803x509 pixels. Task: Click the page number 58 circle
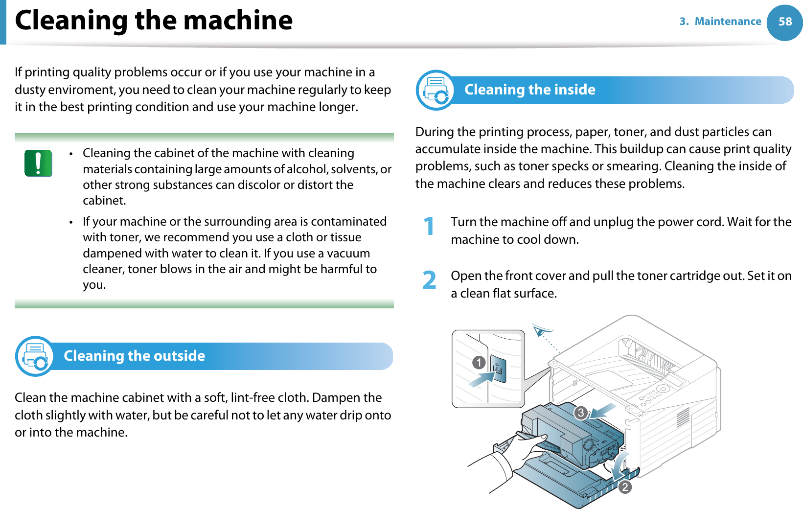coord(785,22)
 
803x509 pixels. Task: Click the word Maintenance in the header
coord(728,22)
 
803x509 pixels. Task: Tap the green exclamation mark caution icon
coord(38,163)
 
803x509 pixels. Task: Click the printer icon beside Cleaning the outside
coord(35,356)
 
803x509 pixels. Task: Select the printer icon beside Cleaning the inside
coord(436,90)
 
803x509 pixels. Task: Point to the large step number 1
coord(429,227)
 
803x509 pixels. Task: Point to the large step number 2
coord(429,280)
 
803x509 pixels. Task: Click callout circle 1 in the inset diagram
coord(479,363)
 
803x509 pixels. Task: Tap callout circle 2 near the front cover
coord(625,487)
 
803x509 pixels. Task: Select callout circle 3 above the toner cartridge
coord(581,413)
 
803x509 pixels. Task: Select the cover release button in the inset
coord(498,369)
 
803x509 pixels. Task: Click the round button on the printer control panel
coord(663,389)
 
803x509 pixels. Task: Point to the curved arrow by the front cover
coord(621,465)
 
